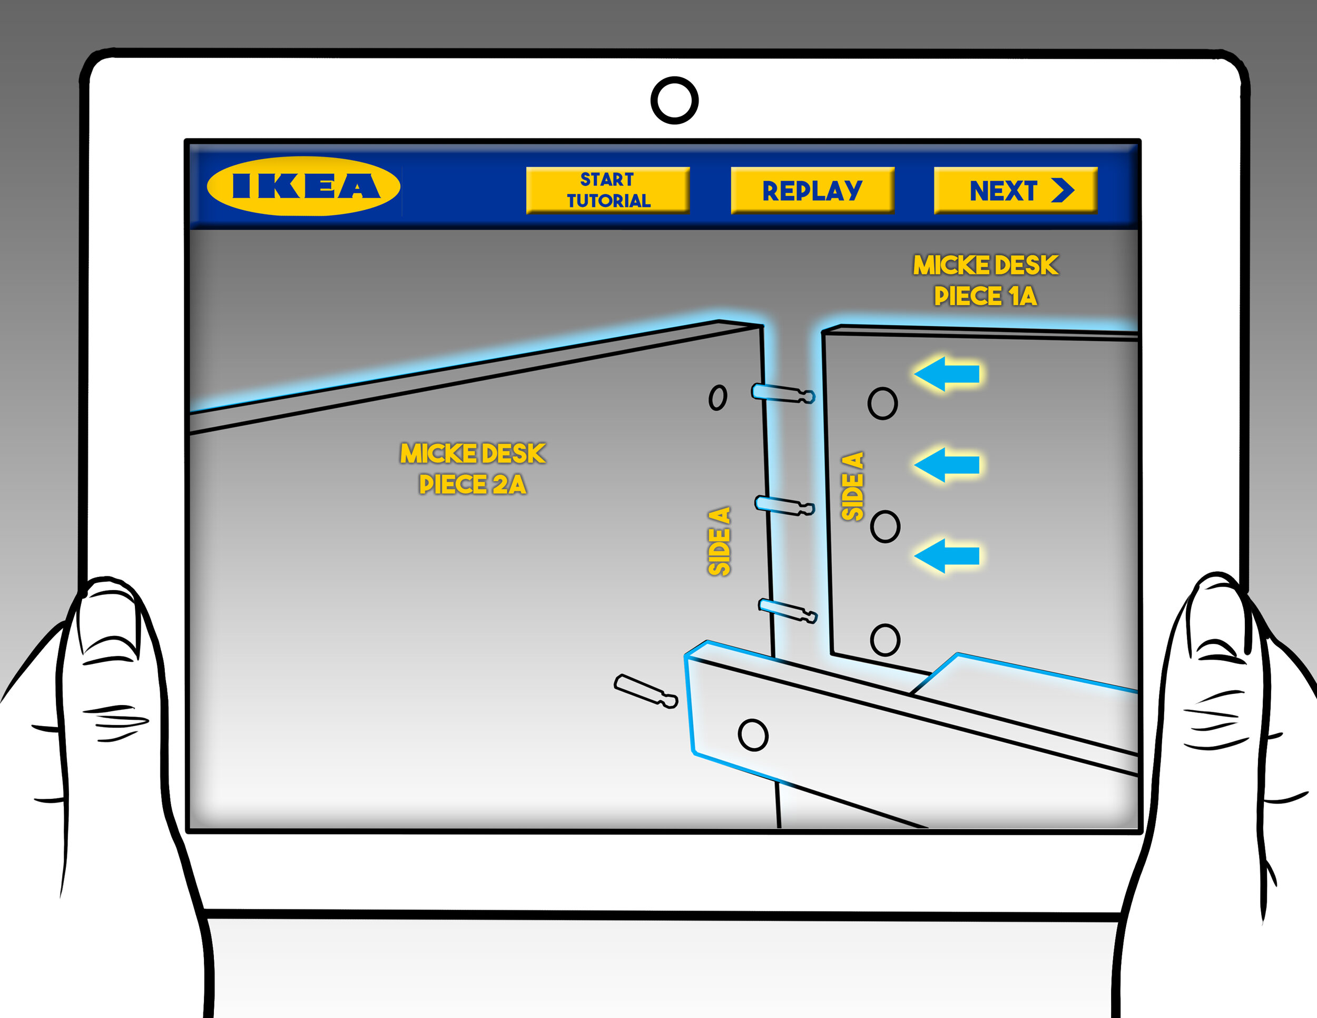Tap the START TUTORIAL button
pyautogui.click(x=608, y=190)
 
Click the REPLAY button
pyautogui.click(x=812, y=190)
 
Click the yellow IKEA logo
pyautogui.click(x=303, y=186)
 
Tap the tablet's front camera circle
pyautogui.click(x=674, y=100)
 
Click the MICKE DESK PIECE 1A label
pyautogui.click(x=985, y=280)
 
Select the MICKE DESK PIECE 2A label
pyautogui.click(x=473, y=468)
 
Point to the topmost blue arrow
pyautogui.click(x=947, y=374)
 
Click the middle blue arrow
pyautogui.click(x=947, y=465)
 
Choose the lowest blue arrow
pyautogui.click(x=947, y=555)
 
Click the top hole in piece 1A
pyautogui.click(x=882, y=403)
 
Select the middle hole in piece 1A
pyautogui.click(x=885, y=526)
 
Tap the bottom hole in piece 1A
pyautogui.click(x=885, y=640)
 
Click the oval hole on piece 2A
pyautogui.click(x=718, y=397)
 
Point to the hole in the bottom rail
pyautogui.click(x=753, y=735)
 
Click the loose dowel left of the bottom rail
pyautogui.click(x=646, y=691)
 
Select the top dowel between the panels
pyautogui.click(x=783, y=393)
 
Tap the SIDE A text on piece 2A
pyautogui.click(x=720, y=541)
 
